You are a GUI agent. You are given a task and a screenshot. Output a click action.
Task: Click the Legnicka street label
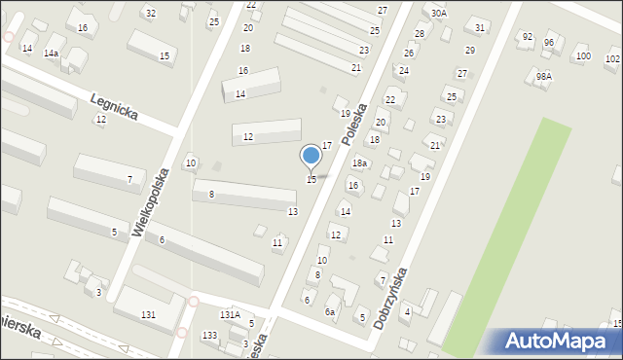click(114, 107)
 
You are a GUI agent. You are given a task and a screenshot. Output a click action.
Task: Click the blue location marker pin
click(311, 156)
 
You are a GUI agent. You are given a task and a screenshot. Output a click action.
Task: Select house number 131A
click(230, 315)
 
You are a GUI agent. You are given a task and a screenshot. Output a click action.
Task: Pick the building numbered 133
click(209, 336)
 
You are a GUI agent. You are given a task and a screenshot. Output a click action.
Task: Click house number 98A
click(544, 76)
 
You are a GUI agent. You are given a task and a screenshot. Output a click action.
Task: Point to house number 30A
click(439, 13)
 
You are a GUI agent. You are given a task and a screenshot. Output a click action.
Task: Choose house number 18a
click(359, 163)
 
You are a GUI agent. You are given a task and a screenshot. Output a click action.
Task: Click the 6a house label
click(330, 311)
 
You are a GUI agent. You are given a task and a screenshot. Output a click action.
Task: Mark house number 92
click(528, 37)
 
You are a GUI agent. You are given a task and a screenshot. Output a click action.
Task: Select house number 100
click(582, 56)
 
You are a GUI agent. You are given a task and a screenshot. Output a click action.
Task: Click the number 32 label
click(150, 13)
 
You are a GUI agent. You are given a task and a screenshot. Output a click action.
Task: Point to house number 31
click(480, 27)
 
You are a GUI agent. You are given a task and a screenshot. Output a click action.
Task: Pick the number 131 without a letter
click(148, 314)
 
